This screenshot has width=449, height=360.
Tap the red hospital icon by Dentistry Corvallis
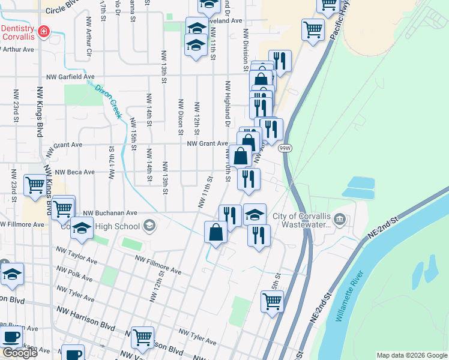pyautogui.click(x=43, y=31)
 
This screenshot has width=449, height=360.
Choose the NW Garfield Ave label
pyautogui.click(x=71, y=77)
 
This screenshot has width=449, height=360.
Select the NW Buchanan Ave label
pyautogui.click(x=110, y=212)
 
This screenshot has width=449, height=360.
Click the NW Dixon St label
pyautogui.click(x=179, y=111)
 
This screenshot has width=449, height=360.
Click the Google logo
pyautogui.click(x=19, y=353)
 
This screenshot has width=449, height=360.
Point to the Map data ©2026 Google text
pyautogui.click(x=412, y=355)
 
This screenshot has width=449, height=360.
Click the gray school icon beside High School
pyautogui.click(x=149, y=226)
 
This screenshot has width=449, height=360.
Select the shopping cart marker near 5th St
pyautogui.click(x=272, y=302)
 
